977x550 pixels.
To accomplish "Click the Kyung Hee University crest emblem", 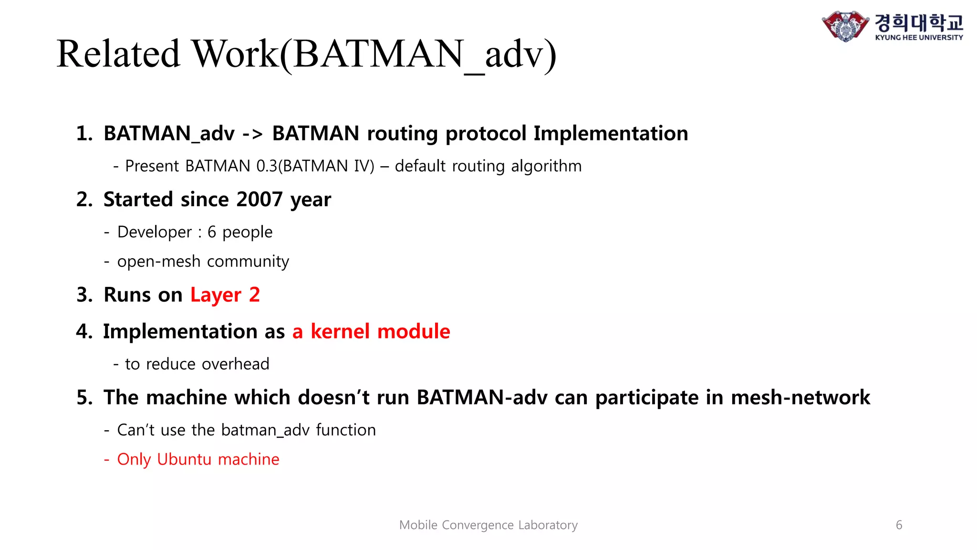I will [845, 26].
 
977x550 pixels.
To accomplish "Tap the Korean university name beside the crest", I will [919, 22].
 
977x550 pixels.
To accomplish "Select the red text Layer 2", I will [225, 295].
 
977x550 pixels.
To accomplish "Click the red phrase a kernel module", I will [371, 331].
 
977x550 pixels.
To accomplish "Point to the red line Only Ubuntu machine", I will [197, 459].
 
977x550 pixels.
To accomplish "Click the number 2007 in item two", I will [260, 199].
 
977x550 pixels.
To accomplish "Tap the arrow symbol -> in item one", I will [252, 134].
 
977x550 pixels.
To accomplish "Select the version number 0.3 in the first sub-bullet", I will [267, 166].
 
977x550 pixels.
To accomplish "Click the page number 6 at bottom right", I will [899, 525].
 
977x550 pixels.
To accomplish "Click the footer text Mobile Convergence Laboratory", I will [488, 525].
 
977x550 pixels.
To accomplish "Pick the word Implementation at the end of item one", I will [611, 134].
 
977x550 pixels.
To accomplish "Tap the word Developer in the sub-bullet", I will [154, 232].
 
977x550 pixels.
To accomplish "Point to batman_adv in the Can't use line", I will [265, 430].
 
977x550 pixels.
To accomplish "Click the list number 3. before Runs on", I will [84, 295].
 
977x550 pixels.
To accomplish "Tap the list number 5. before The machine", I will [84, 397].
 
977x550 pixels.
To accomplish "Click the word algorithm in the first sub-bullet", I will [546, 166].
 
